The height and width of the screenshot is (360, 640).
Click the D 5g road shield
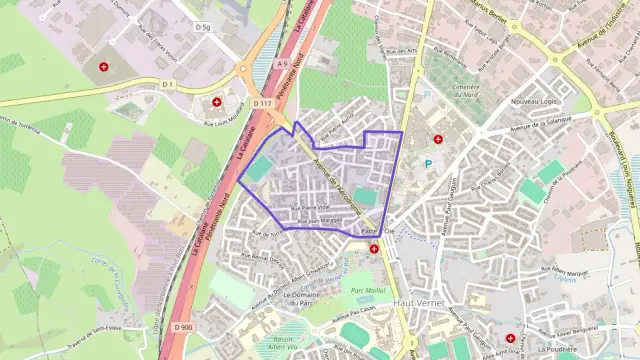204,26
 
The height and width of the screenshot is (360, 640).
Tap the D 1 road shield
169,84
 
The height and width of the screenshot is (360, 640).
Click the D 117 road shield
262,103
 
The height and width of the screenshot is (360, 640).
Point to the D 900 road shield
182,326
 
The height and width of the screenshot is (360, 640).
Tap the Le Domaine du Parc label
311,296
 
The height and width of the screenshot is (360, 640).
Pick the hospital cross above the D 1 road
105,67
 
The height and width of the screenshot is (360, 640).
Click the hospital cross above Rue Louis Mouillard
217,102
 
